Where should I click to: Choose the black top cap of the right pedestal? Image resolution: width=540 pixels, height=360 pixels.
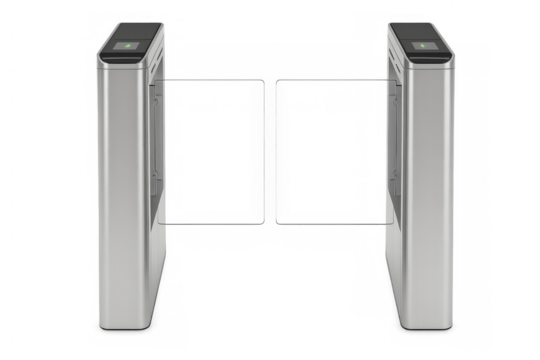pyautogui.click(x=421, y=38)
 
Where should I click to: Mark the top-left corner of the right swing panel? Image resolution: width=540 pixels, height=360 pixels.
pyautogui.click(x=279, y=79)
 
